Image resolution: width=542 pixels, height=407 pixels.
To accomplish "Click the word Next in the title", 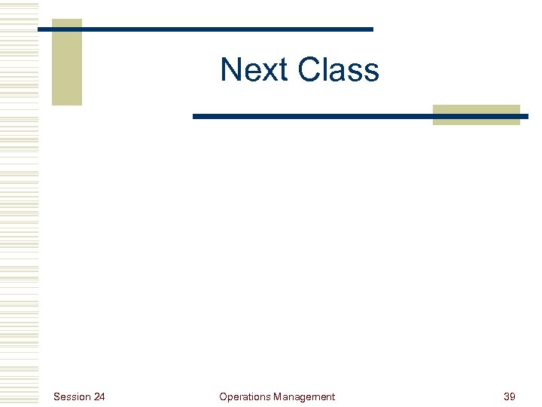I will pos(255,70).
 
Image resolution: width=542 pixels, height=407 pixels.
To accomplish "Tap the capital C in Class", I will pos(310,70).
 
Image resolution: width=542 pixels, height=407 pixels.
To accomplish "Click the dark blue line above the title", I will pos(226,29).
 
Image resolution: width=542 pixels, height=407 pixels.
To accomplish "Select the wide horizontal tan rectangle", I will pos(476,115).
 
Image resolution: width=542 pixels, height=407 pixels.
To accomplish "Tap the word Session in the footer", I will pos(72,396).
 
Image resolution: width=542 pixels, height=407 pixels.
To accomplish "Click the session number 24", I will pos(99,396).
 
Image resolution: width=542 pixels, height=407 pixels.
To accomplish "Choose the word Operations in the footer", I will pos(245,396).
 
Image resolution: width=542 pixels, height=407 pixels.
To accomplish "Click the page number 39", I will pos(509,396).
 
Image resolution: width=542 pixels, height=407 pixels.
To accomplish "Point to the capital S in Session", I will pos(57,396).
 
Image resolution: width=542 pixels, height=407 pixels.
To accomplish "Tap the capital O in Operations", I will pos(223,396).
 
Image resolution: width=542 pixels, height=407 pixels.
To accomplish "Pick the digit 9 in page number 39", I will pos(513,396).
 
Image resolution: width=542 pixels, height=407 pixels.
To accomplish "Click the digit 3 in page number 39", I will pos(506,396).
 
